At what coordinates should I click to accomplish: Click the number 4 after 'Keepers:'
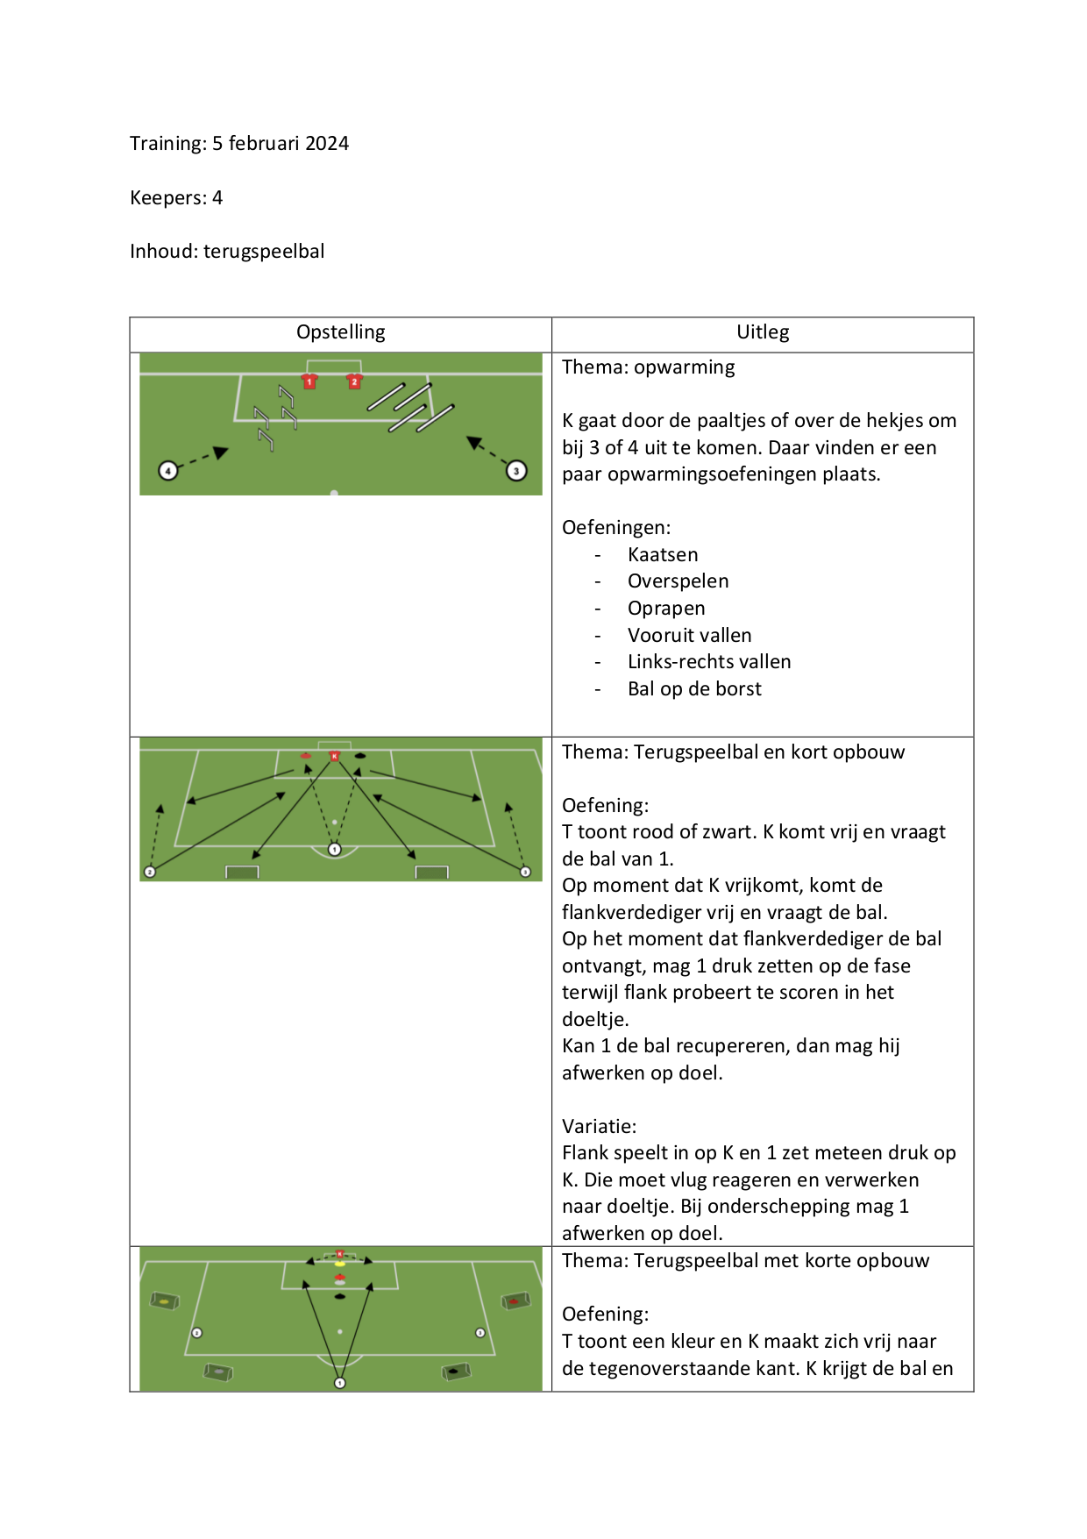(x=217, y=198)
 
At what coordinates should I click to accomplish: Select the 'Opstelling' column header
(x=340, y=332)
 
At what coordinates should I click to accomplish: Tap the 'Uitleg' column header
(x=763, y=332)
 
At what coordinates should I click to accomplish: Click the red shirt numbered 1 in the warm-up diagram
(x=309, y=381)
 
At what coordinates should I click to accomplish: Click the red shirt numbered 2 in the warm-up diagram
(x=354, y=381)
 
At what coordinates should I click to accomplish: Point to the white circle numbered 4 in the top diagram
(x=167, y=471)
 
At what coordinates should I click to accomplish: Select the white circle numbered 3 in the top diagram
(x=516, y=471)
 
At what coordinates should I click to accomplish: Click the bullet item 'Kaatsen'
(x=663, y=555)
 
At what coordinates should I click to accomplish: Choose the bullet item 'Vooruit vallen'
(x=689, y=636)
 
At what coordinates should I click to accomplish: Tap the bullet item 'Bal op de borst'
(x=694, y=689)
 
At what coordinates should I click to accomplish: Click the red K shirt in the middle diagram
(x=334, y=756)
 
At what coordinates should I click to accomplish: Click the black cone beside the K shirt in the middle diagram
(x=360, y=756)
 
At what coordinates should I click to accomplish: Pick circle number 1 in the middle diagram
(x=334, y=849)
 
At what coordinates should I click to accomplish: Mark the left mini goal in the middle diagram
(x=242, y=872)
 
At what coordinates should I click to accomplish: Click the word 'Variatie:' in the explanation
(x=599, y=1127)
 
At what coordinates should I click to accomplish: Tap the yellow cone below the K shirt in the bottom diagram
(x=340, y=1264)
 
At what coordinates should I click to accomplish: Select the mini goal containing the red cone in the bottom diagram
(x=515, y=1301)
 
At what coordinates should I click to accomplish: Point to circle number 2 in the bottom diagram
(x=197, y=1333)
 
